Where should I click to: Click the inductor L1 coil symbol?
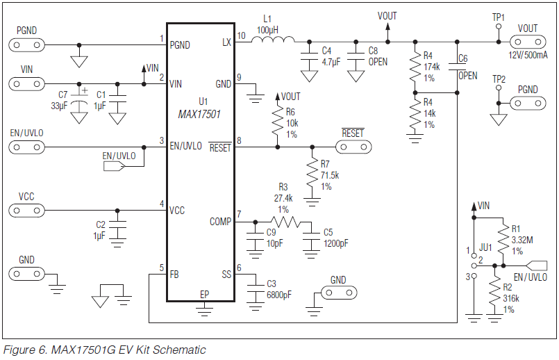(272, 41)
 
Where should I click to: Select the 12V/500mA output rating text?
(528, 55)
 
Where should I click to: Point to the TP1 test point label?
(499, 17)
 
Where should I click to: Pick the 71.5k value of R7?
(330, 175)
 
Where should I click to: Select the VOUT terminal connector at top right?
(528, 41)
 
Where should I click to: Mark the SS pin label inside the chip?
(225, 275)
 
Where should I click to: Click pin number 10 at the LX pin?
(241, 35)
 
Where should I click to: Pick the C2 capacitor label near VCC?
(101, 225)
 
